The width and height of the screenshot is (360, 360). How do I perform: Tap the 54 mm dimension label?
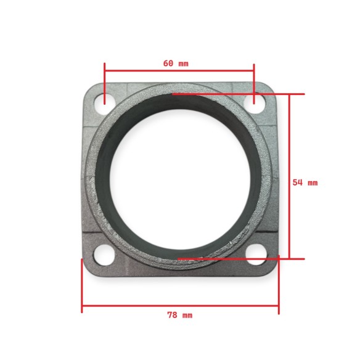(305, 182)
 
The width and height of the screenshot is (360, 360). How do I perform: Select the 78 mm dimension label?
(179, 315)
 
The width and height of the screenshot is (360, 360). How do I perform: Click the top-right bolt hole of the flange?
(258, 102)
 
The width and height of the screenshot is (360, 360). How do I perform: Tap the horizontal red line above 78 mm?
(180, 305)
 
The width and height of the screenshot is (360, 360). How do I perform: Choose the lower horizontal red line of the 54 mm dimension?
(240, 258)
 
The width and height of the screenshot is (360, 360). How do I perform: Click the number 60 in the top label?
(168, 63)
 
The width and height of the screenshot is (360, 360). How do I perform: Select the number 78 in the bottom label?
(172, 315)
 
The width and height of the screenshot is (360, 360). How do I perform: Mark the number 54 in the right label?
(297, 182)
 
